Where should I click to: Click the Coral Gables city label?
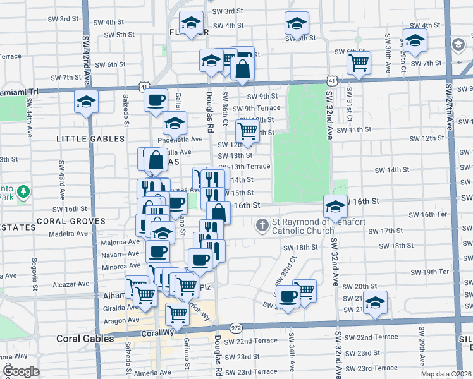point(85,338)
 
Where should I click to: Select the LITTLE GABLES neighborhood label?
point(87,138)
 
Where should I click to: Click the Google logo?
point(21,371)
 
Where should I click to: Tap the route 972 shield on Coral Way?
point(236,327)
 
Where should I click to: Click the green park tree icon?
point(23,191)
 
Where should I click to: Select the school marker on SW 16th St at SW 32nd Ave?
point(335,205)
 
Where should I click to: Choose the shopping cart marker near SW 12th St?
point(247,131)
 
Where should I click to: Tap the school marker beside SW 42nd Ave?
point(86,102)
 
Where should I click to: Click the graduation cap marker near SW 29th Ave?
point(414,41)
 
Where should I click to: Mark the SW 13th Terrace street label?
point(245,166)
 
